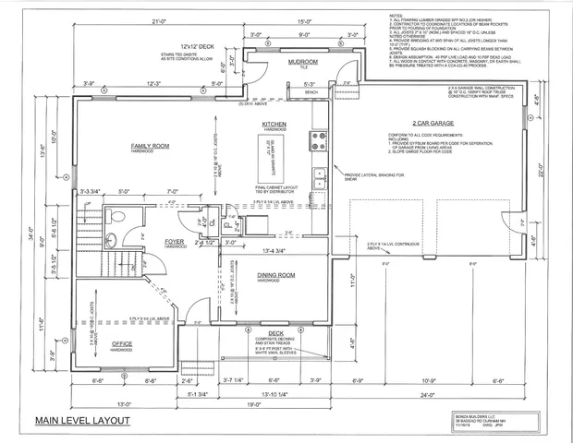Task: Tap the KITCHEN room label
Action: pyautogui.click(x=275, y=124)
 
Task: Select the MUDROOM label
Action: pyautogui.click(x=303, y=62)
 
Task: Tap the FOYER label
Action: pyautogui.click(x=176, y=243)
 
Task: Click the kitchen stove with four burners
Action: pyautogui.click(x=321, y=140)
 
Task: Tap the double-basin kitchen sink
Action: pyautogui.click(x=319, y=175)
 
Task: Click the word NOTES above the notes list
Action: pyautogui.click(x=398, y=14)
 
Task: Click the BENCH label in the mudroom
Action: pyautogui.click(x=311, y=92)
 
